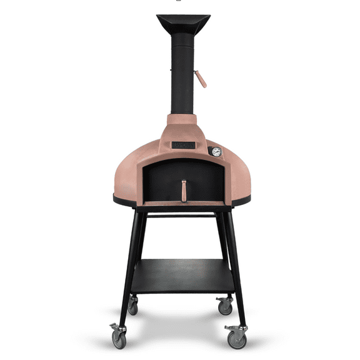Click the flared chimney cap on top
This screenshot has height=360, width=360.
click(x=183, y=24)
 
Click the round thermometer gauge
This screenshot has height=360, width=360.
click(x=216, y=152)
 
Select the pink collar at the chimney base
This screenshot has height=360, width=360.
click(x=183, y=122)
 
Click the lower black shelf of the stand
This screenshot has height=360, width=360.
click(x=182, y=275)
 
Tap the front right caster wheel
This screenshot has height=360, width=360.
click(x=236, y=337)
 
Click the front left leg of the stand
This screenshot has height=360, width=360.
click(x=128, y=269)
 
